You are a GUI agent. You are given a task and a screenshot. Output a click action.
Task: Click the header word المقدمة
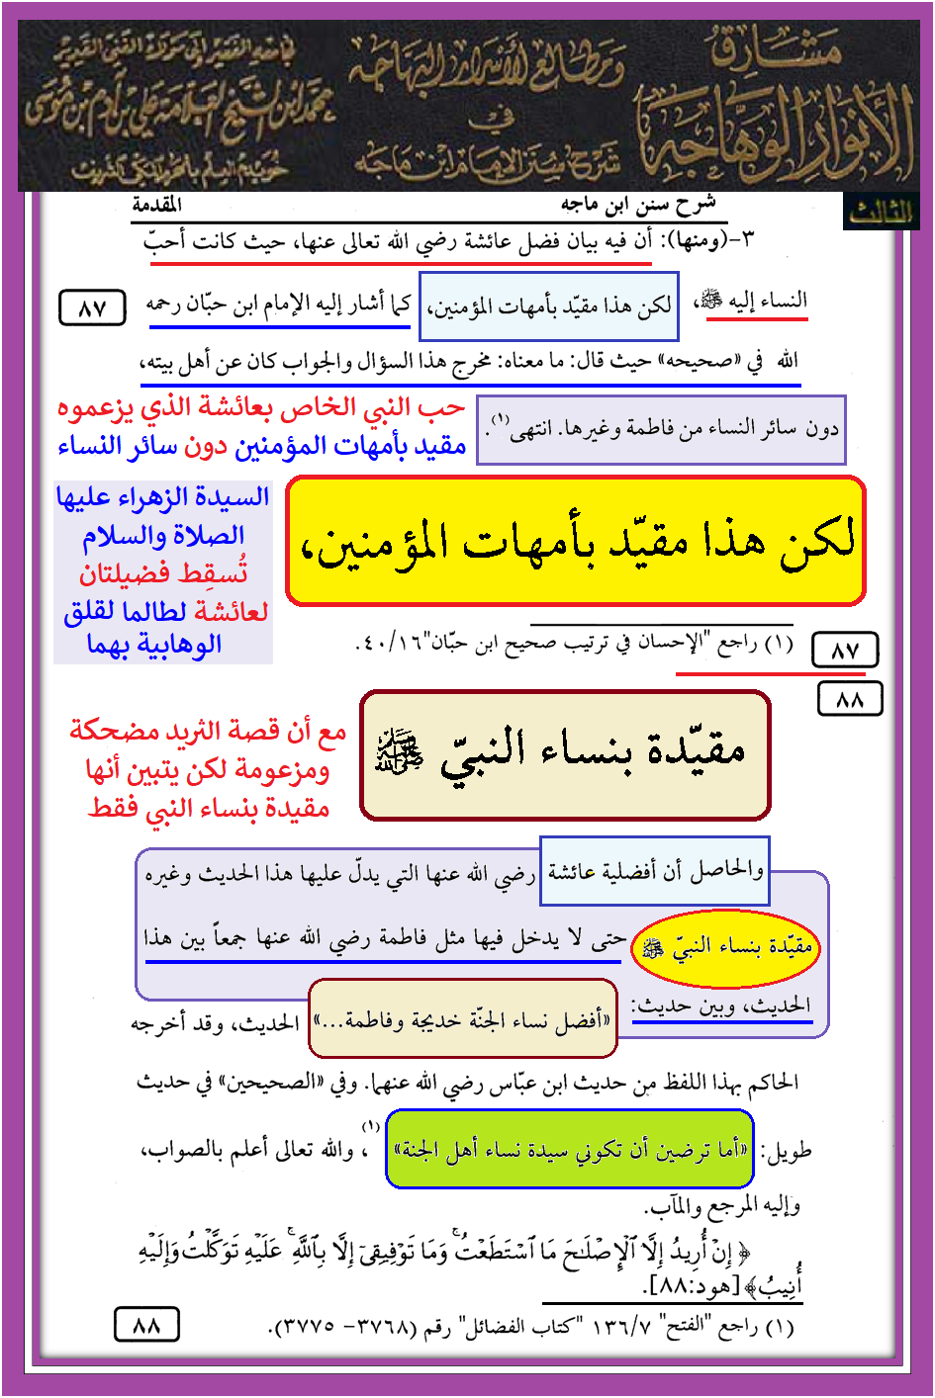coord(157,205)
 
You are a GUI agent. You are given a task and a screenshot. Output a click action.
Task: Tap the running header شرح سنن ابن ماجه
coord(638,205)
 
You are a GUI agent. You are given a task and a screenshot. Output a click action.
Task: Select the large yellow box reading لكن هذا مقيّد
coord(576,541)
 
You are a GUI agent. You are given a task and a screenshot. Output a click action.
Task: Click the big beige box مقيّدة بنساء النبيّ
coord(565,754)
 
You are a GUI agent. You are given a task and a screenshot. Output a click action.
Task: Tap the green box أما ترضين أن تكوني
coord(569,1149)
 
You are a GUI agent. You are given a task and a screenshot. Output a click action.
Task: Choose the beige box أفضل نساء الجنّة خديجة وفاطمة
coord(463,1018)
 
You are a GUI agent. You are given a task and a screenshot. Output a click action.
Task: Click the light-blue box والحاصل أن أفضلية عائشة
coord(654,871)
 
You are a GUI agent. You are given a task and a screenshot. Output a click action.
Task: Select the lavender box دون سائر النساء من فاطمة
coord(661,429)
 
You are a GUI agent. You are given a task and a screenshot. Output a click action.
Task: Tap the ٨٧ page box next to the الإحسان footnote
coord(844,651)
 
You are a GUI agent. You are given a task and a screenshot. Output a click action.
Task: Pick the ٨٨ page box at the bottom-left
coord(146,1325)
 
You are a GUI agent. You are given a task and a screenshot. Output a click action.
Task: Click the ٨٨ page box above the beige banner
coord(850,699)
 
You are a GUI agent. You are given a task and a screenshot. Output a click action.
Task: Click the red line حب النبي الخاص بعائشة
coord(261,407)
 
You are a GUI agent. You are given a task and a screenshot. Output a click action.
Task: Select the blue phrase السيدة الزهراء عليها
coord(163,496)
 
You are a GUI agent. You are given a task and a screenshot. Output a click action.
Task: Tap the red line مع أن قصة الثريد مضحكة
coord(208,732)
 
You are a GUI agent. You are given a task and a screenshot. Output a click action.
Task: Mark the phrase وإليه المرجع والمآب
coord(723,1206)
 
